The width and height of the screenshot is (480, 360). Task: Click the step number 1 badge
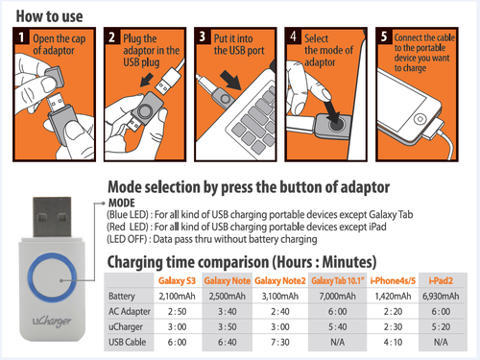click(21, 36)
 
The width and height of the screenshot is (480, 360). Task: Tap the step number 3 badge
click(203, 36)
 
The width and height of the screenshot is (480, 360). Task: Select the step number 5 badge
click(384, 36)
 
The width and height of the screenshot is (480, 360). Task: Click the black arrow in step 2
click(147, 79)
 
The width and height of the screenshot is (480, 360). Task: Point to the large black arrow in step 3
click(231, 80)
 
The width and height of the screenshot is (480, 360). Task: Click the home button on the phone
click(420, 119)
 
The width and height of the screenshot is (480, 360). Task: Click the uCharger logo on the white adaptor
click(52, 321)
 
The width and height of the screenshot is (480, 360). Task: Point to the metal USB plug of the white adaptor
click(52, 217)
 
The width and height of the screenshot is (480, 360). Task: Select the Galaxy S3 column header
click(177, 280)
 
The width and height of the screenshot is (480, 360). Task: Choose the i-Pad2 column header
click(441, 280)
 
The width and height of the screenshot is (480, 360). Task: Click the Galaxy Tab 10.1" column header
click(338, 281)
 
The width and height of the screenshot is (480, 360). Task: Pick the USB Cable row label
click(127, 342)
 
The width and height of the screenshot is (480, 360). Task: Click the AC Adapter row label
click(130, 311)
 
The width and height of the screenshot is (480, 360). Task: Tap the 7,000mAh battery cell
click(337, 296)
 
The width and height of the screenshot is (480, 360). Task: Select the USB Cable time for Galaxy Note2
click(280, 342)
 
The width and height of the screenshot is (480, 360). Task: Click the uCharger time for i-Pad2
click(441, 326)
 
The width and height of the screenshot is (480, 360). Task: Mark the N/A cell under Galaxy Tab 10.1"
click(337, 342)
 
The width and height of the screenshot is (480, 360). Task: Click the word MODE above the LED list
click(122, 203)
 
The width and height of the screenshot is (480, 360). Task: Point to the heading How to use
click(50, 16)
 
